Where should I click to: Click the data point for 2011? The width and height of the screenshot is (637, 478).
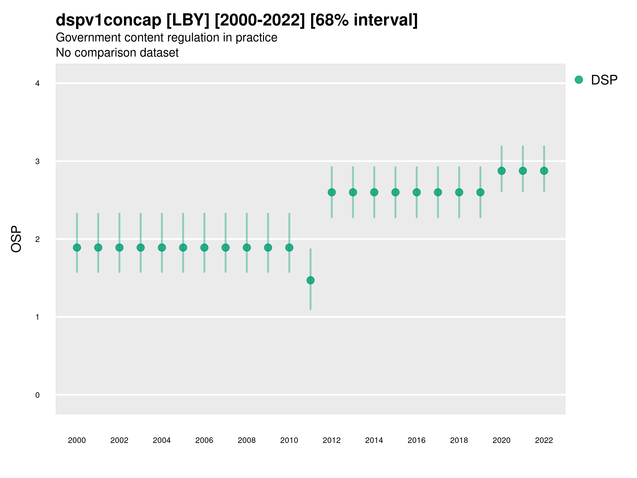click(x=311, y=280)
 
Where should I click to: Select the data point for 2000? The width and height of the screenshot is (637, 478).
click(x=77, y=247)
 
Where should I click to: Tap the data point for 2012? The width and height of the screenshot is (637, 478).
click(x=332, y=192)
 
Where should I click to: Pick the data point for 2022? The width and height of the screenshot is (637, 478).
click(x=544, y=171)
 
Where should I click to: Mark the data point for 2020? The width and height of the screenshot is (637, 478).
click(x=502, y=171)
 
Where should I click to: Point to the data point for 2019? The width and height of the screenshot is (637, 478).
click(x=480, y=192)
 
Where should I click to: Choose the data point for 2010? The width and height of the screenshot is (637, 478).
click(x=289, y=247)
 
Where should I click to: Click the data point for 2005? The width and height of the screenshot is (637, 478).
click(x=183, y=247)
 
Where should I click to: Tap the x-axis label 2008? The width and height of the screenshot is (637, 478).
click(x=247, y=440)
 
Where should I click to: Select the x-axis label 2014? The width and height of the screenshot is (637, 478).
click(x=374, y=440)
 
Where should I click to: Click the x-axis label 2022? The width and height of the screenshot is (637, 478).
click(x=544, y=440)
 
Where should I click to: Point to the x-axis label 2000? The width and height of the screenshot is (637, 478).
click(x=77, y=440)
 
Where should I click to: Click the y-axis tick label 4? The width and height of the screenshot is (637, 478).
click(x=37, y=84)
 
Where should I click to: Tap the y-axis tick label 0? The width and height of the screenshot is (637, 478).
click(x=37, y=395)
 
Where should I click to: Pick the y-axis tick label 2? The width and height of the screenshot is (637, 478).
click(x=37, y=239)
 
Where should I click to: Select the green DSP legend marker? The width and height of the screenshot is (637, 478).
click(x=579, y=80)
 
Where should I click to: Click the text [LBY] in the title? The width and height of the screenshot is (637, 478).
click(x=188, y=20)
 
